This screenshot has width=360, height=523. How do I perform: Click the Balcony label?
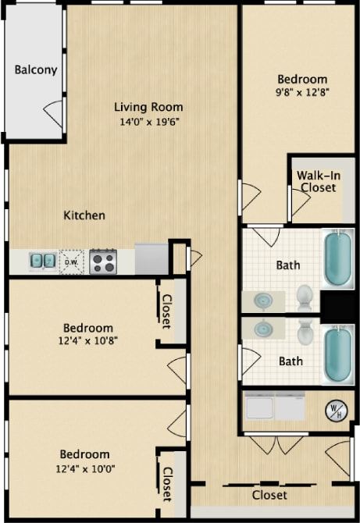tap(36, 69)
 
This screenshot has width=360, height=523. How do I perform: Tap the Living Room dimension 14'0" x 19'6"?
tap(148, 122)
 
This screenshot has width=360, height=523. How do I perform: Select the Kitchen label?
tap(84, 215)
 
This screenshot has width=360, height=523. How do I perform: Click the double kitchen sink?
tap(42, 261)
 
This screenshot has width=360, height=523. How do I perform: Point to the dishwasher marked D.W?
tap(72, 261)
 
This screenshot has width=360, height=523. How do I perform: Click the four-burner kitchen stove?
tap(103, 261)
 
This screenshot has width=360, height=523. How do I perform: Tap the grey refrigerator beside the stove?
tap(151, 258)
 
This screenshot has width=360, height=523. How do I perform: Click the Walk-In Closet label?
tap(317, 182)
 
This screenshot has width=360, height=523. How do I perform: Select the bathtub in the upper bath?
tap(338, 258)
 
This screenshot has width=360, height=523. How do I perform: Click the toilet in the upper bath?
tap(305, 297)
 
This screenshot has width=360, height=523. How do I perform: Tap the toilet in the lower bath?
tap(305, 333)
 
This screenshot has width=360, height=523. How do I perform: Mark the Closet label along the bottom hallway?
tap(269, 495)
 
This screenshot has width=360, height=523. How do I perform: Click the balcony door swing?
tap(54, 115)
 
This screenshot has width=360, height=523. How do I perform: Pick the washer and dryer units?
tap(275, 406)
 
